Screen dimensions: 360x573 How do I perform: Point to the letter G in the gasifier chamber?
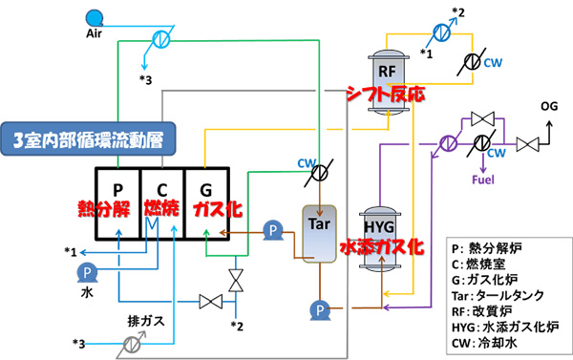tap(204, 188)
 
